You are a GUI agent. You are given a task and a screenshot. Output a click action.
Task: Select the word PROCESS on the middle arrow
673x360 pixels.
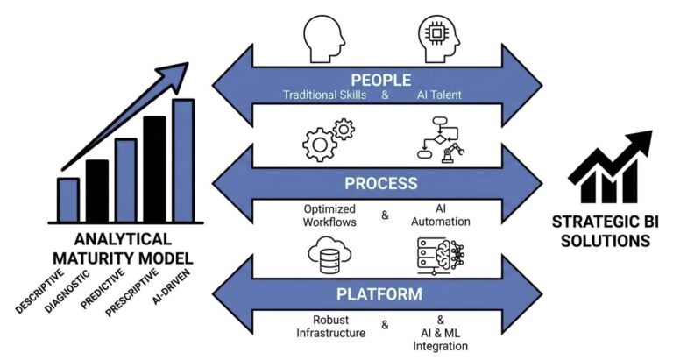coord(380,185)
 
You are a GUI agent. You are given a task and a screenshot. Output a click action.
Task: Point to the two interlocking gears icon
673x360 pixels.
coord(328,140)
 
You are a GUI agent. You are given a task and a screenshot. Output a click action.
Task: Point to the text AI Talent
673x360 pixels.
coord(438,94)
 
